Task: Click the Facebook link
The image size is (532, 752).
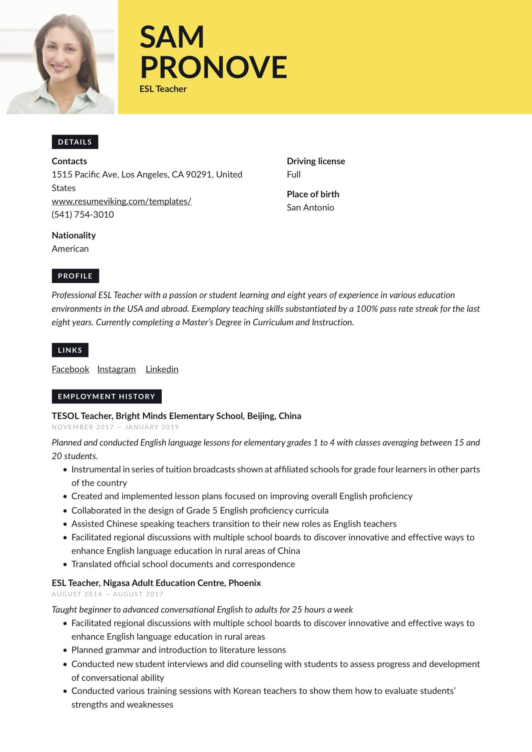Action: pos(70,369)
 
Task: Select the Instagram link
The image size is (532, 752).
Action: pos(116,369)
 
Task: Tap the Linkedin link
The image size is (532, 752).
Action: pos(162,369)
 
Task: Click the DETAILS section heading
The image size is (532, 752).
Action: pos(75,142)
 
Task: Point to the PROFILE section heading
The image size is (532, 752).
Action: pos(75,276)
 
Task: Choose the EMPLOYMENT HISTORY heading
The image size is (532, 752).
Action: pos(107,396)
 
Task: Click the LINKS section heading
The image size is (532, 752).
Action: pos(70,350)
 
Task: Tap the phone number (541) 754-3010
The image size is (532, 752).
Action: pos(83,214)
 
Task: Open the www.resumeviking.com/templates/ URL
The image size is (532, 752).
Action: pos(121,201)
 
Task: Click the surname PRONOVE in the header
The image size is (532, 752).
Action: pos(213,67)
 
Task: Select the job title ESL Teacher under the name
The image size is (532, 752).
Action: pos(163,89)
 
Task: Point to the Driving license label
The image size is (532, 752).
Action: pos(316,161)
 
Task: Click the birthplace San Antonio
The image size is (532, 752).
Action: pos(310,207)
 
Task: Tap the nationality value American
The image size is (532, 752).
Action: pos(70,249)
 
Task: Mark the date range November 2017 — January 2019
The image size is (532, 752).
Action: pos(115,427)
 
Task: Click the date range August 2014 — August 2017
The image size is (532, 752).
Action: pos(107,594)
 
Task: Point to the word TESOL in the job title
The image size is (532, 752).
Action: pos(65,416)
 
